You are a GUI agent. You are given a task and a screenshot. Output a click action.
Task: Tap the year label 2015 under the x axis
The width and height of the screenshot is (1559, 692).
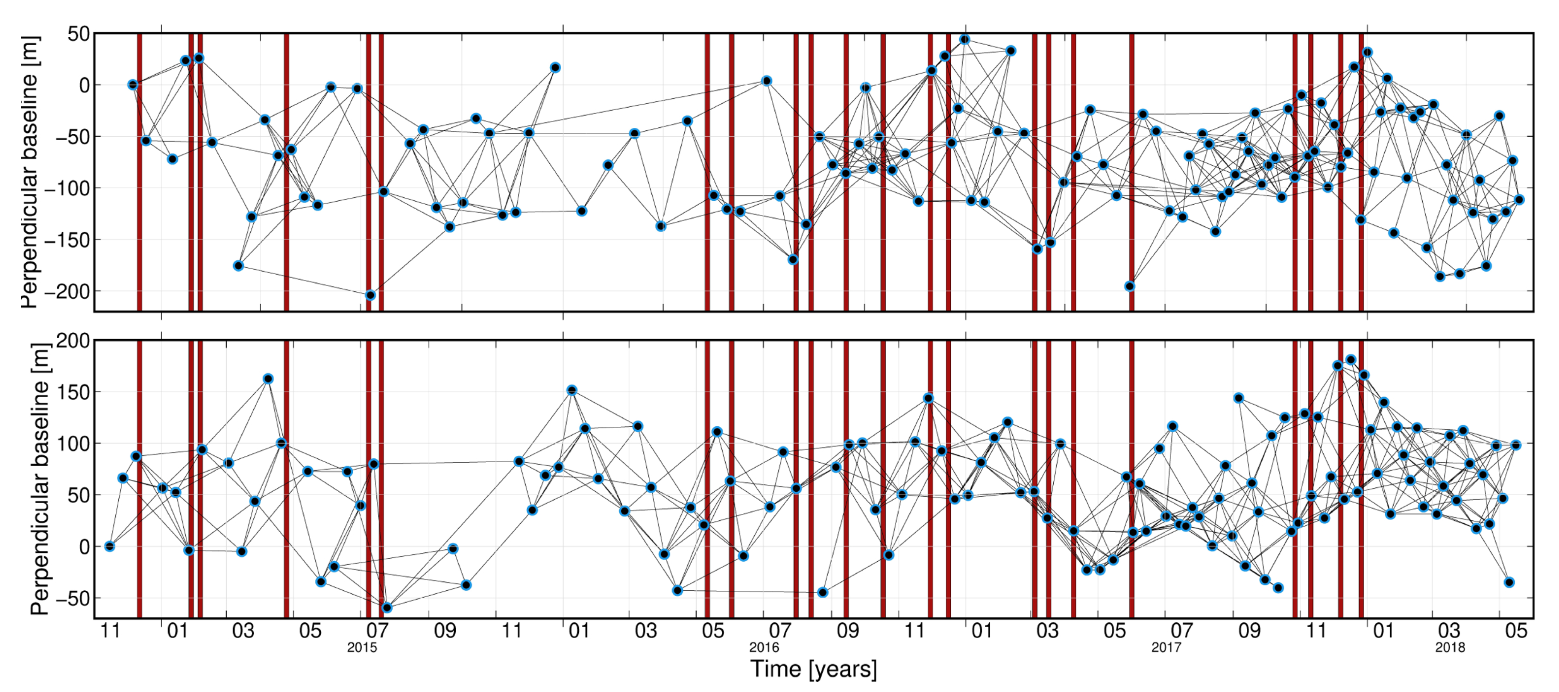362,648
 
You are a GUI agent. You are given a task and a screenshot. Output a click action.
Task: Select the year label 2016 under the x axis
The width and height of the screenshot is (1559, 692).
764,648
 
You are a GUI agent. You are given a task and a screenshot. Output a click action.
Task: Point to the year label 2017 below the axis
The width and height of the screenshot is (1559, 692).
1166,648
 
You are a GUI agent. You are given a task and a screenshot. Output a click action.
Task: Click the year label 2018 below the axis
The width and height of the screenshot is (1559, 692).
1450,648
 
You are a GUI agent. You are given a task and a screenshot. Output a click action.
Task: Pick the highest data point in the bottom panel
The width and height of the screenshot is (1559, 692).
1350,360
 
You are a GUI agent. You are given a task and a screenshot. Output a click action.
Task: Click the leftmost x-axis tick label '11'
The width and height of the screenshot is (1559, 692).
110,631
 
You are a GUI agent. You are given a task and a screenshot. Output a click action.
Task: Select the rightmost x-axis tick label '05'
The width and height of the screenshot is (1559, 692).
1516,631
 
